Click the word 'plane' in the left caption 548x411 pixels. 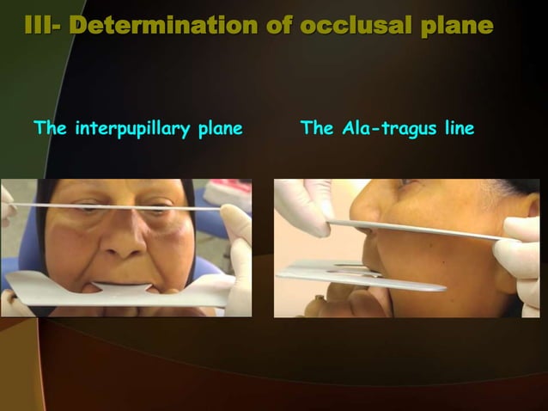(220, 130)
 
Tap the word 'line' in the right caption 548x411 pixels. (455, 130)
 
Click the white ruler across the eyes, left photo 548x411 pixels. (129, 207)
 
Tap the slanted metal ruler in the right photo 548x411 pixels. (421, 230)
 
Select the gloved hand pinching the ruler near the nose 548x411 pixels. (301, 206)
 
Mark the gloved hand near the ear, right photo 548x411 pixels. (521, 258)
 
